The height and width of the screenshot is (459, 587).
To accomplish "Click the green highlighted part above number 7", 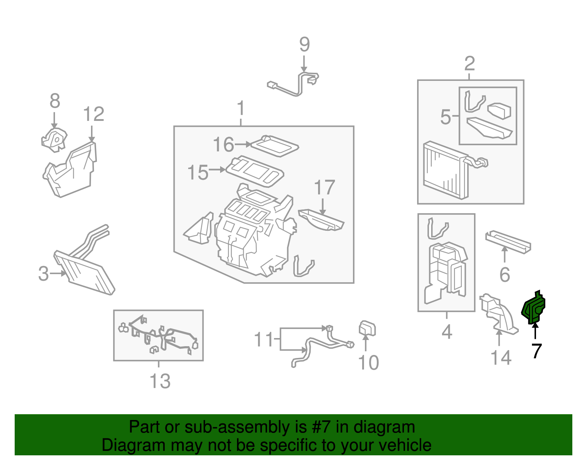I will click(x=534, y=308).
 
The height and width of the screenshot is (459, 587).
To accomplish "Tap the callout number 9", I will click(x=305, y=44).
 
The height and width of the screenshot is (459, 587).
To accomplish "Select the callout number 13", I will click(x=160, y=381).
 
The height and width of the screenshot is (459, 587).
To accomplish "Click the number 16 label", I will click(x=223, y=144).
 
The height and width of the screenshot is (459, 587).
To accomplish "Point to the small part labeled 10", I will click(x=367, y=328).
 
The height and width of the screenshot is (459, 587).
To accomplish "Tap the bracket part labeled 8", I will click(x=54, y=140).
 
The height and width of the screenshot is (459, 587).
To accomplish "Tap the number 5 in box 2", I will click(x=445, y=117).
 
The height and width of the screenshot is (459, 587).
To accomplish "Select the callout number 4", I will click(x=446, y=332).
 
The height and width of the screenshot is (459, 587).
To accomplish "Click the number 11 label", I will click(x=264, y=339).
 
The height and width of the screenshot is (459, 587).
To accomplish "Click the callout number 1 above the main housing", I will click(x=241, y=108).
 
